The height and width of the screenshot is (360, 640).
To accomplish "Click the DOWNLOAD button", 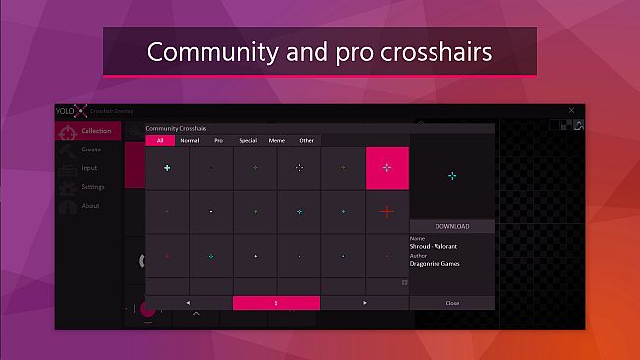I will pyautogui.click(x=452, y=226).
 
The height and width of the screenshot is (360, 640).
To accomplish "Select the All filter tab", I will pyautogui.click(x=160, y=141).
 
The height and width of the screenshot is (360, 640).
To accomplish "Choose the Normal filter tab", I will pyautogui.click(x=190, y=141).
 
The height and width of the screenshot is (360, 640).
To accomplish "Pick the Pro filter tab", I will pyautogui.click(x=218, y=141).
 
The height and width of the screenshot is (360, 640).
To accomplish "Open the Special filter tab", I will pyautogui.click(x=248, y=141).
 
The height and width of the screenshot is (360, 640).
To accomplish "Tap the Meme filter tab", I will pyautogui.click(x=277, y=141).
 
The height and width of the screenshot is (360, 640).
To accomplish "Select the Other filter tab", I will pyautogui.click(x=307, y=141).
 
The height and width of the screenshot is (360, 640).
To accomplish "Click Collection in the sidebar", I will pyautogui.click(x=95, y=131).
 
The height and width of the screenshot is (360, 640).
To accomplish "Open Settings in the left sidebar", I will pyautogui.click(x=92, y=187).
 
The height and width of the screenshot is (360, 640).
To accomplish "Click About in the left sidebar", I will pyautogui.click(x=90, y=206).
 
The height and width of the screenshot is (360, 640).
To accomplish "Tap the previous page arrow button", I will pyautogui.click(x=188, y=303).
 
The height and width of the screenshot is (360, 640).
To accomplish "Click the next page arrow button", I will pyautogui.click(x=365, y=303).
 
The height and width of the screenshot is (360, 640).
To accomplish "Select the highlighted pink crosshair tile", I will pyautogui.click(x=387, y=168).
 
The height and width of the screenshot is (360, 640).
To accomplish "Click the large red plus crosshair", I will pyautogui.click(x=387, y=211).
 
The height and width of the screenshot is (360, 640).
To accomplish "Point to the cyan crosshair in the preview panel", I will pyautogui.click(x=452, y=176).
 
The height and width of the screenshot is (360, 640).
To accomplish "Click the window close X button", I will pyautogui.click(x=572, y=111).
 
